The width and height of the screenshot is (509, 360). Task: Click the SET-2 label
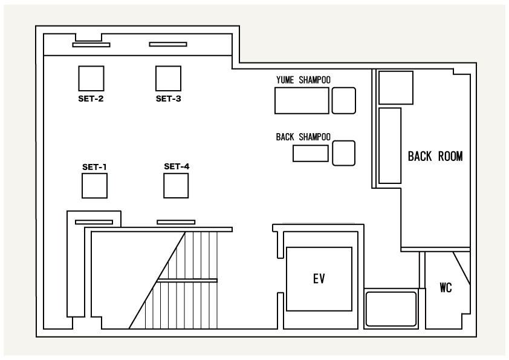[x=91, y=99]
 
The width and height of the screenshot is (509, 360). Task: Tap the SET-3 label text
[x=169, y=99]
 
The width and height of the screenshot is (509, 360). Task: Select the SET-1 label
[x=94, y=167]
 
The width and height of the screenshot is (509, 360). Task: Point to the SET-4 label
[x=177, y=166]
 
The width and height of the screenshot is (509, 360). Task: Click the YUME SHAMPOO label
[x=303, y=80]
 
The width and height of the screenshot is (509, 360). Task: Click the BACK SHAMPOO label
[x=303, y=137]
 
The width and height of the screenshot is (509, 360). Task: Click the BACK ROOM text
[x=435, y=157]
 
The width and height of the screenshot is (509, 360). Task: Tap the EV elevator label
[x=319, y=279]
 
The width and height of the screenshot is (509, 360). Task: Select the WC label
[x=446, y=287]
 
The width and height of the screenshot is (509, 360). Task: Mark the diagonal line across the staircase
[x=157, y=280]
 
